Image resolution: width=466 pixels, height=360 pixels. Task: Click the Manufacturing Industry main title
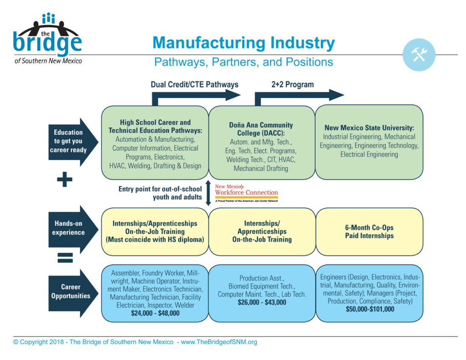pyautogui.click(x=243, y=43)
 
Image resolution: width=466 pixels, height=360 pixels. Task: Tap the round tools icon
pyautogui.click(x=419, y=55)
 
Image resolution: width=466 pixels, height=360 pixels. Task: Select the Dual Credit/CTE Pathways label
pyautogui.click(x=194, y=85)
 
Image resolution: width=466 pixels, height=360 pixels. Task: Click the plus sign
pyautogui.click(x=65, y=180)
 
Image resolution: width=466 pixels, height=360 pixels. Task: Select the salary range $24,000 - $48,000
pyautogui.click(x=155, y=314)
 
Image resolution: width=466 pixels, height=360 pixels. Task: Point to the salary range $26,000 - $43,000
pyautogui.click(x=262, y=302)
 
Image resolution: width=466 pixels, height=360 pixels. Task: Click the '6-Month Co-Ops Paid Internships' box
pyautogui.click(x=369, y=232)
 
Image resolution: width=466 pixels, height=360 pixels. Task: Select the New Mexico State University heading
pyautogui.click(x=369, y=128)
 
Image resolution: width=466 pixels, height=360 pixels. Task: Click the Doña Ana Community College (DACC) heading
pyautogui.click(x=261, y=129)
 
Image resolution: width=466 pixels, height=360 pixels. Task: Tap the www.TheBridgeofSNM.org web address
pyautogui.click(x=219, y=342)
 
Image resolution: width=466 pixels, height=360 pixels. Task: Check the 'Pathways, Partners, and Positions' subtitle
pyautogui.click(x=243, y=62)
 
